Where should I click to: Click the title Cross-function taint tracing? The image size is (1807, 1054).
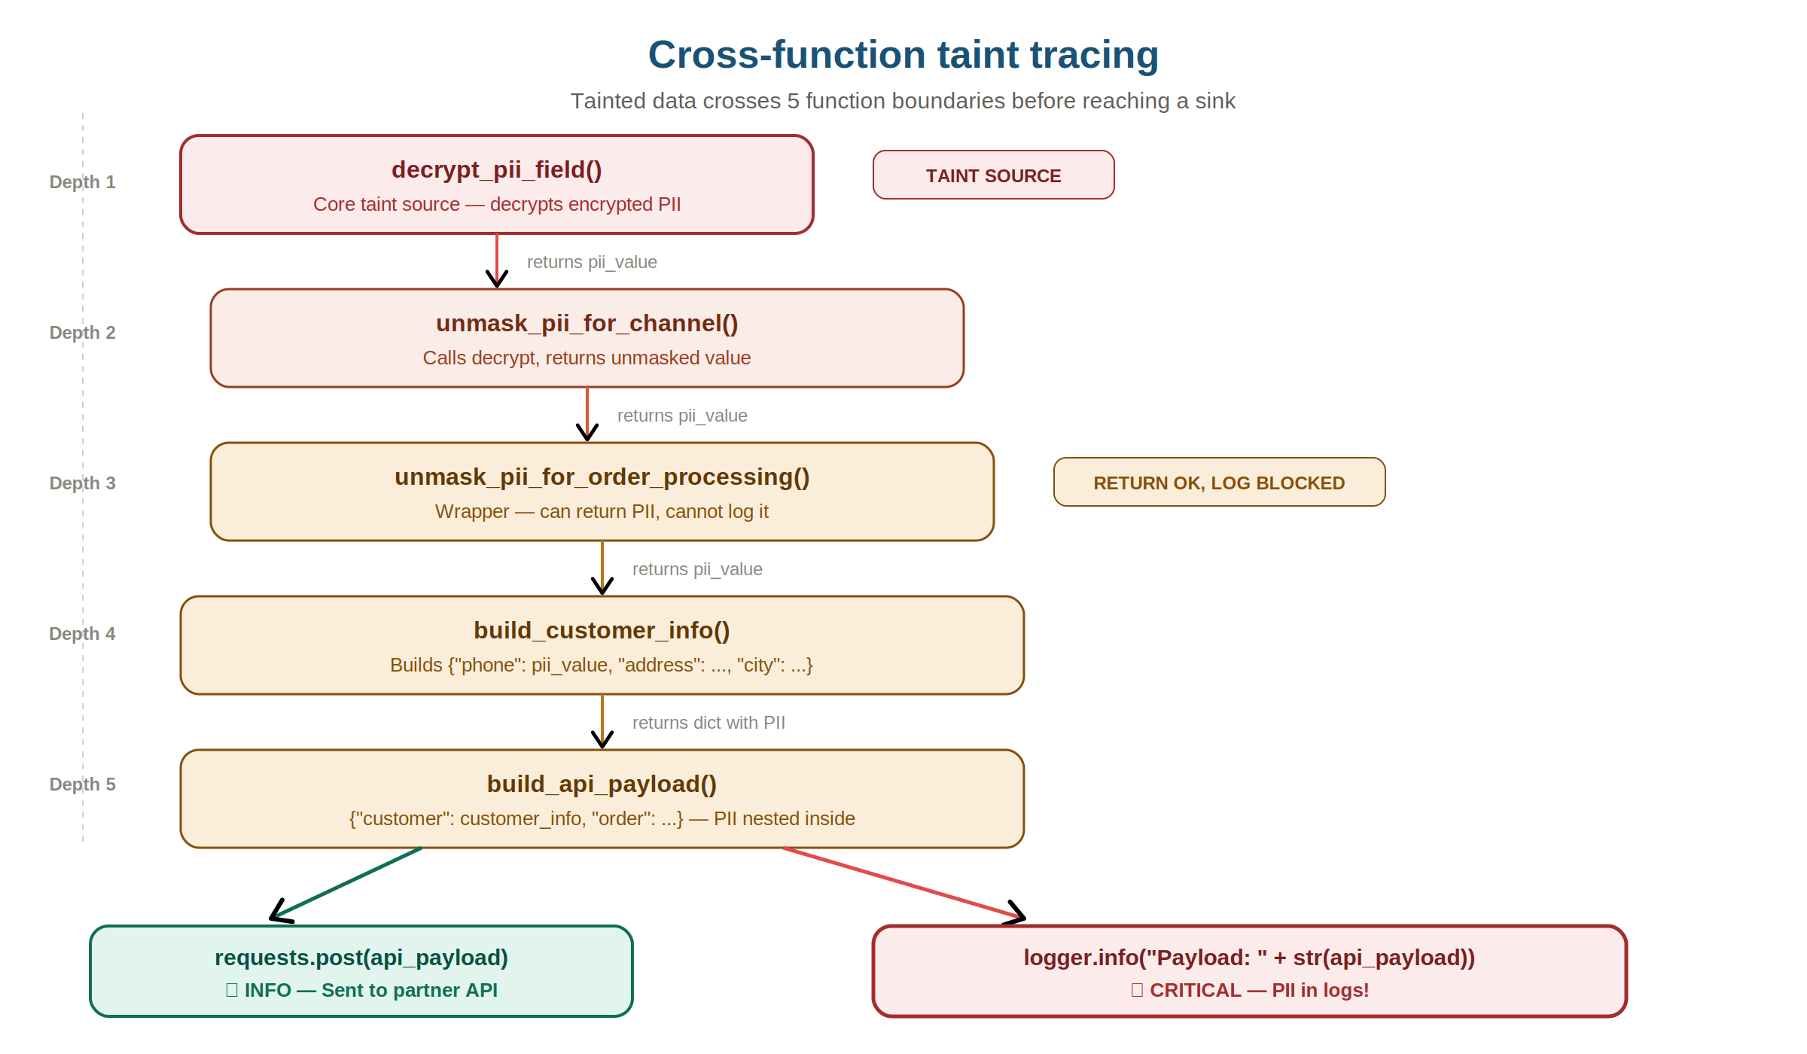[903, 55]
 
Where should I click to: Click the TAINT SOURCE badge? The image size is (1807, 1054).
[993, 175]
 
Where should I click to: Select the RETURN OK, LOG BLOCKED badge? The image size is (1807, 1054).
[1218, 483]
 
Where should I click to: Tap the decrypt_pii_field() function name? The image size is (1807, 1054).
[496, 169]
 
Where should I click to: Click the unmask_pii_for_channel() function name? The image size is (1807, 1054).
[587, 323]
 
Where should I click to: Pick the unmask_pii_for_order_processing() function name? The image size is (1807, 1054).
[602, 477]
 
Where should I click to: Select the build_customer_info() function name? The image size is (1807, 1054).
[602, 630]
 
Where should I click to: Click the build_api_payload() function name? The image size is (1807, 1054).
[602, 784]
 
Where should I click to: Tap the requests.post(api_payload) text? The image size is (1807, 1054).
[361, 957]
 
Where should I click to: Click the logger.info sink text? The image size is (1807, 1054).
[1248, 957]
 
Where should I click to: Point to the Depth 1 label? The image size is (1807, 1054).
[82, 182]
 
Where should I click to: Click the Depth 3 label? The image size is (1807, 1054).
[82, 483]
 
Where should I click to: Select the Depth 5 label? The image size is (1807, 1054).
[82, 784]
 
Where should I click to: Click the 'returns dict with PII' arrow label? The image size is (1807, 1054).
[708, 723]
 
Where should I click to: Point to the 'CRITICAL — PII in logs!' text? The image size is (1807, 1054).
[1257, 990]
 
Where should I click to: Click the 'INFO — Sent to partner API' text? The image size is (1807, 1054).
[370, 990]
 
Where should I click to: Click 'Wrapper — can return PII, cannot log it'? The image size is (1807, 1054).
[602, 511]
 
